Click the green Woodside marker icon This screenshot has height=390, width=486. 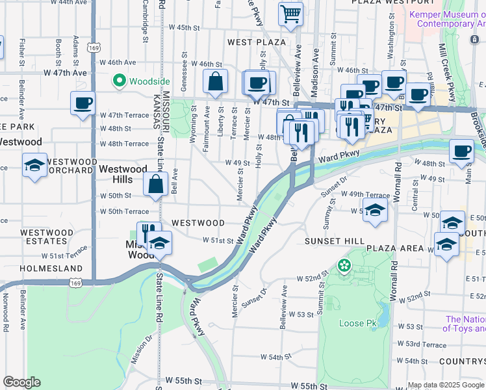pos(119,81)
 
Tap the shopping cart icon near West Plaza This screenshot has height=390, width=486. pos(290,12)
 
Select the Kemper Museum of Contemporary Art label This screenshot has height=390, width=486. pos(446,19)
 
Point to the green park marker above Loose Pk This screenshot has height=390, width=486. pos(343,265)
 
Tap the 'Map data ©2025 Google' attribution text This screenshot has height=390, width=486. pos(446,385)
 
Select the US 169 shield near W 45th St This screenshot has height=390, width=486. pos(95,47)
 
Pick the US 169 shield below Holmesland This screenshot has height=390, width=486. pos(76,283)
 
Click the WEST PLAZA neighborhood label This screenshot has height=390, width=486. pos(257,42)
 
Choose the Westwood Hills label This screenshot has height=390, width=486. pos(123,174)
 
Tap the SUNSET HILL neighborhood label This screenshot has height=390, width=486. pos(335,241)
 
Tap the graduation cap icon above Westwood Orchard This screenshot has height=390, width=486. pos(34,165)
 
